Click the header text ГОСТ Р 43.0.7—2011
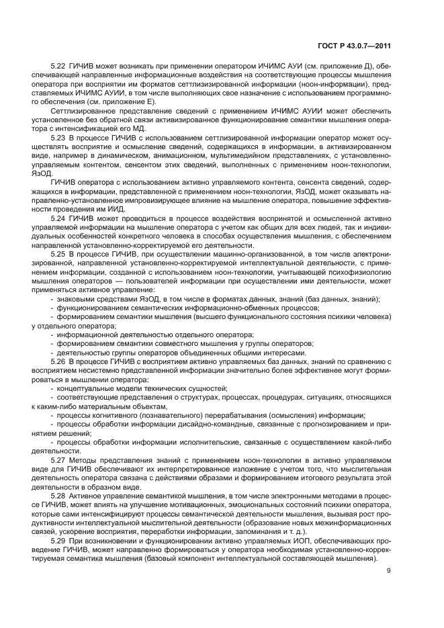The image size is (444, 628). pos(353,46)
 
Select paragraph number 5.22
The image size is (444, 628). pos(58,66)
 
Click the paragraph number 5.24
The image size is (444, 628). pos(58,217)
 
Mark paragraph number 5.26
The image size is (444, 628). pos(58,361)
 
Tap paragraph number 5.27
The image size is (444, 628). pos(58,459)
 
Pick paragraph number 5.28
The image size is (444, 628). pos(58,494)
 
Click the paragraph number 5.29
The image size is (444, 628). pos(58,541)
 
